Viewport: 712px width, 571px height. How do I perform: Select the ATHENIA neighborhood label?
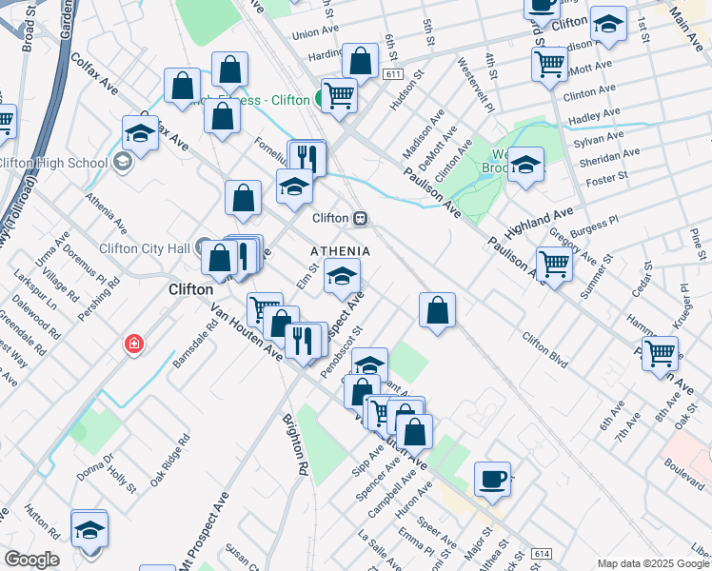point(340,250)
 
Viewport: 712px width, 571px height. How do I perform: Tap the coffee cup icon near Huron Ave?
point(492,478)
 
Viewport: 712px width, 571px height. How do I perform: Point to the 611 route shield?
point(393,73)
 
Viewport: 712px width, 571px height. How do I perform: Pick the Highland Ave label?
point(539,223)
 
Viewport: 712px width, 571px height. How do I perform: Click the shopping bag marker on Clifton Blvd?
point(437,309)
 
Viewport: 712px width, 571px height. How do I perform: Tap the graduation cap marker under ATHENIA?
point(342,277)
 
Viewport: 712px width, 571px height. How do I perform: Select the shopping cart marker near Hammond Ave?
point(660,353)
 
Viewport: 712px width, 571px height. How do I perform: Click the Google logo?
point(31,560)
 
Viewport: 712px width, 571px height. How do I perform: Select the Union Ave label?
point(316,33)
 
